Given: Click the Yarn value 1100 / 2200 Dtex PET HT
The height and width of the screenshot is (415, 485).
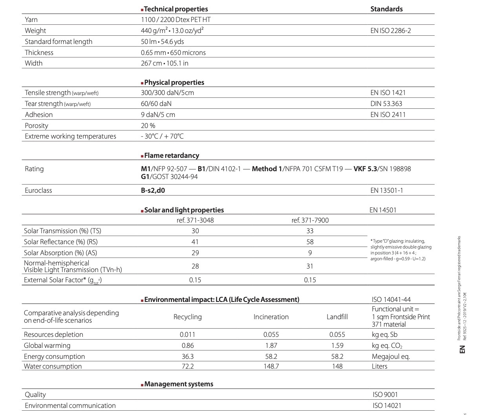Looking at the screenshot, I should (x=176, y=20).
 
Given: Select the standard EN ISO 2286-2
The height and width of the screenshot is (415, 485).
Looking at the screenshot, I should (x=390, y=31).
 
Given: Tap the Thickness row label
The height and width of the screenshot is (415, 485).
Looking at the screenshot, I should (x=39, y=53).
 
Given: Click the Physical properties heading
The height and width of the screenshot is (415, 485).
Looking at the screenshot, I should (x=174, y=82).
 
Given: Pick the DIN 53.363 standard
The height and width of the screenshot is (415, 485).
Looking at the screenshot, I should (x=386, y=104).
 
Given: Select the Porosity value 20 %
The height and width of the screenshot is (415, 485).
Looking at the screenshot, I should (x=148, y=126).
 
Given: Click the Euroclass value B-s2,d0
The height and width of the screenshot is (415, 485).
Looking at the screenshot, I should (x=153, y=190).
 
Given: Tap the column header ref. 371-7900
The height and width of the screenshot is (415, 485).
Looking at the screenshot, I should (x=310, y=220).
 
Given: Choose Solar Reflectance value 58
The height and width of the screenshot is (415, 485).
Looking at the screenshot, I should (x=310, y=242).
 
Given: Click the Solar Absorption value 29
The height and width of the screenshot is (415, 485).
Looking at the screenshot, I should (x=195, y=253).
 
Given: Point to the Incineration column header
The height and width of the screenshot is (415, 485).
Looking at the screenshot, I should (x=271, y=317).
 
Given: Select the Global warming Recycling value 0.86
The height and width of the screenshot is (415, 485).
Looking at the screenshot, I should (x=188, y=346).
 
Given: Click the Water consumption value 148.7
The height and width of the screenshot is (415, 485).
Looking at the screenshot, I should (x=271, y=366).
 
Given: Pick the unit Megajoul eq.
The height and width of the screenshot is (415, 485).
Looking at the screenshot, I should (x=390, y=356).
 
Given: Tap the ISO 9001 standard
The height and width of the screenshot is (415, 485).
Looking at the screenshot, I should (x=385, y=395).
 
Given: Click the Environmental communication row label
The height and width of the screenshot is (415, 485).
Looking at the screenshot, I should (x=70, y=406).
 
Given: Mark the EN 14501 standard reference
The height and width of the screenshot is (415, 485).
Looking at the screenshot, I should (x=383, y=210).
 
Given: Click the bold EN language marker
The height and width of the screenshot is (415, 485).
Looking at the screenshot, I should (x=463, y=349).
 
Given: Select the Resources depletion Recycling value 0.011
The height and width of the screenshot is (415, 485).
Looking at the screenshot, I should (x=188, y=335).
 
